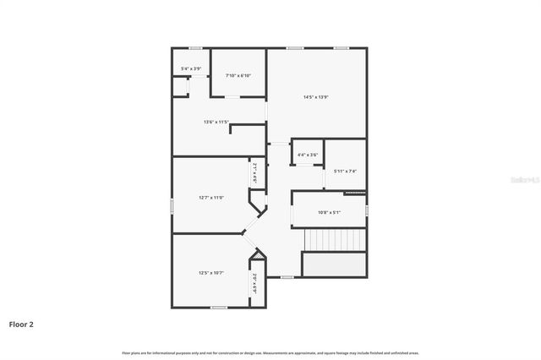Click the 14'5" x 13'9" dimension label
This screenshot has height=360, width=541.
coord(315,96)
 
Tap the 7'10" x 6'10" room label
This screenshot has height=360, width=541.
coord(238,76)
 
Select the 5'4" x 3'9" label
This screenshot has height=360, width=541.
coord(191,68)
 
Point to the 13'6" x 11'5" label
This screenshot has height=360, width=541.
coord(216,122)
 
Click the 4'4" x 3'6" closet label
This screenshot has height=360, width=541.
coord(308,155)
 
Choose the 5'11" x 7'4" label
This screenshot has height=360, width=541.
coord(345,172)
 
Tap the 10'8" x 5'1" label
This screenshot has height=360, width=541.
coord(329,212)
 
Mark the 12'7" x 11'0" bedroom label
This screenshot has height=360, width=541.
coord(211,198)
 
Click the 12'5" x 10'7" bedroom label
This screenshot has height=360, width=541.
coord(211,273)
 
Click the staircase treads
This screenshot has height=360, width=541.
coord(335,241)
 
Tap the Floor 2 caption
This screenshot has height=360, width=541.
coord(21,324)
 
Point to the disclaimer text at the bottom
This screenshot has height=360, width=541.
coord(270,352)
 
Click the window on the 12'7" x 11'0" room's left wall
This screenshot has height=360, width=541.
coord(172,205)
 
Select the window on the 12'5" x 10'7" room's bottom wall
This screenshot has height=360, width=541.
coord(219,308)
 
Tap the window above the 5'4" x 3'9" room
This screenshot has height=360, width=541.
coord(195,48)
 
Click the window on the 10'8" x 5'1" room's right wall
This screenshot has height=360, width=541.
coord(367,210)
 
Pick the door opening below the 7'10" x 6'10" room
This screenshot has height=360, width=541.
coord(231,97)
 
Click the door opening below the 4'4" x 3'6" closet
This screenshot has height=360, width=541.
coord(302,166)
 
